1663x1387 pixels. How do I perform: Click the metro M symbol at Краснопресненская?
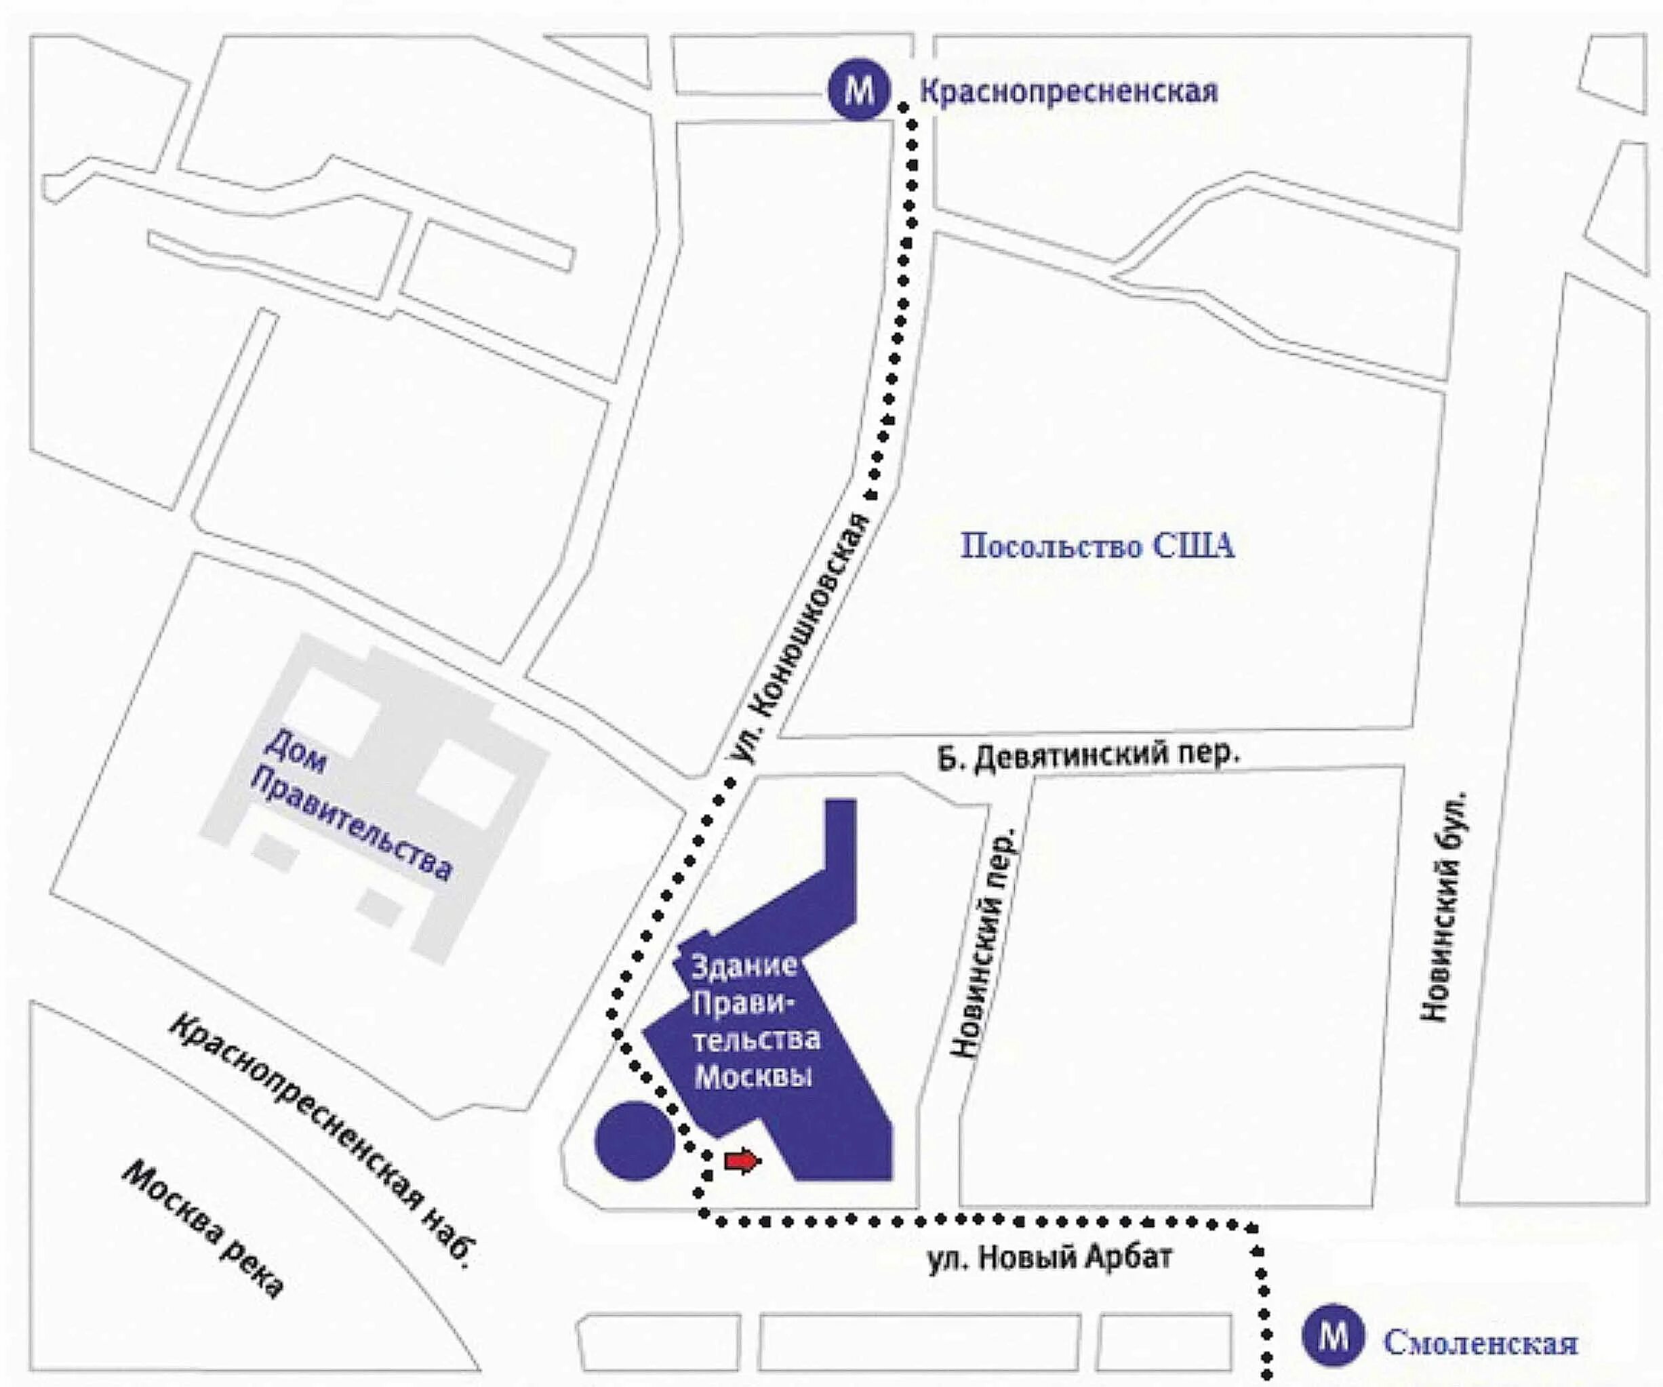pos(859,92)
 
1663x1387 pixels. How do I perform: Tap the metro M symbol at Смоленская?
pos(1334,1336)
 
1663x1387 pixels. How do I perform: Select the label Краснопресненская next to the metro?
pos(1068,92)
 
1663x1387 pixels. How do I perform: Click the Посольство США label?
pos(1098,547)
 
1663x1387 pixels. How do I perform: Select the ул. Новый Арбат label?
pos(1049,1258)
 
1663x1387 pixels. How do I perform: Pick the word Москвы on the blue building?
pos(753,1077)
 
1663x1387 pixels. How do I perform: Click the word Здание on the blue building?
pos(744,966)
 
